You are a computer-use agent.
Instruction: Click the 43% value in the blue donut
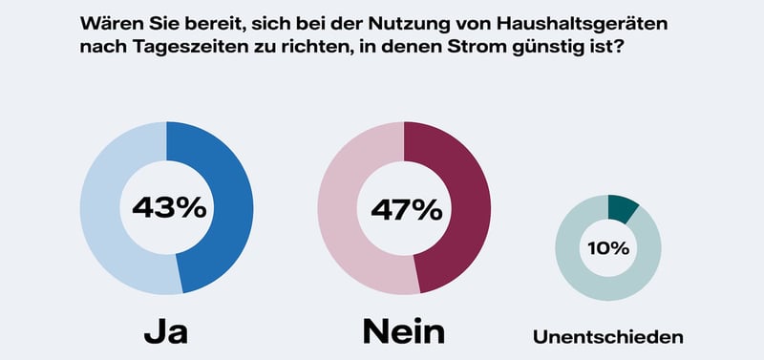point(167,207)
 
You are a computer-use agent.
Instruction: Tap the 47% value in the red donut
point(404,207)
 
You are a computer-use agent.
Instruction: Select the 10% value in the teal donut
point(608,248)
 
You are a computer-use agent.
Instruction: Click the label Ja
point(165,330)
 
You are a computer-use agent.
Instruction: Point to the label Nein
point(404,330)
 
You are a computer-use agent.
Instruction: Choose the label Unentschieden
point(608,336)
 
